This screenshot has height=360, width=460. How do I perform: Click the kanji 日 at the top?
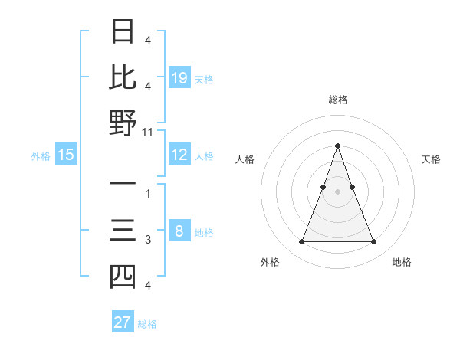click(123, 32)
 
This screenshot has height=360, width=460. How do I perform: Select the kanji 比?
click(123, 77)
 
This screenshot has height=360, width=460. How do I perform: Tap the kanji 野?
click(123, 123)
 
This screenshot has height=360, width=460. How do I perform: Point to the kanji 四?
click(123, 276)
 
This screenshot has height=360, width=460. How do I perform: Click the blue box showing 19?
click(179, 77)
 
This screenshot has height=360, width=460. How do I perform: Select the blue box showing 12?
click(179, 155)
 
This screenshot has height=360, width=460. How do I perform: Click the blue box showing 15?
click(66, 155)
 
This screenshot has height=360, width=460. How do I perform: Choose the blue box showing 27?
click(123, 322)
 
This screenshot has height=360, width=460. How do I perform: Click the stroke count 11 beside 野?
click(148, 133)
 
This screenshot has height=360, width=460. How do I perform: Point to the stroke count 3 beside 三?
click(148, 241)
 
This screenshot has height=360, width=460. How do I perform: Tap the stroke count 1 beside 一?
click(148, 193)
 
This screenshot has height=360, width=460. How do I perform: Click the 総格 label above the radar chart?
click(337, 100)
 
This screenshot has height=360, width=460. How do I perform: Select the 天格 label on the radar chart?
click(431, 159)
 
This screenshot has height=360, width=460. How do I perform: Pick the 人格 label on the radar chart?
click(245, 159)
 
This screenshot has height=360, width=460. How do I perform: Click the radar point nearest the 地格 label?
click(373, 242)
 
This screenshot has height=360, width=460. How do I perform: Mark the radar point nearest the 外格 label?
click(301, 242)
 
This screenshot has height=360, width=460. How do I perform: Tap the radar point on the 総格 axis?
click(337, 146)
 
